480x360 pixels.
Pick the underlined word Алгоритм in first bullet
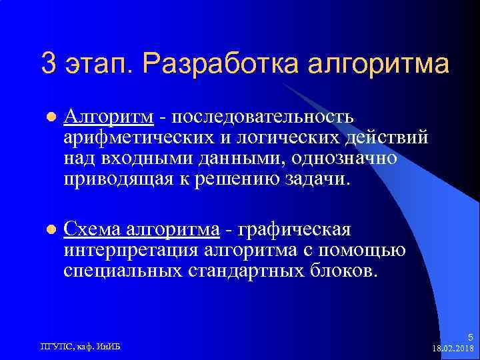109,117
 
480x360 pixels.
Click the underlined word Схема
92,230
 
